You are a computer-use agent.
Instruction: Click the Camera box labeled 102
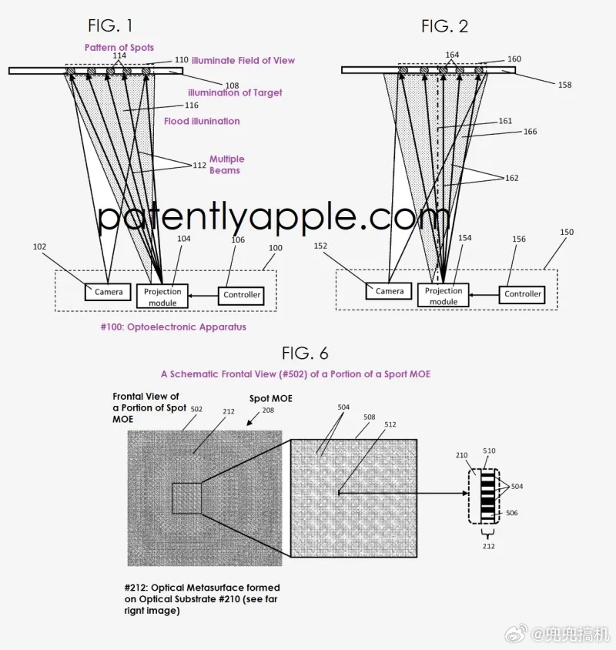pos(109,293)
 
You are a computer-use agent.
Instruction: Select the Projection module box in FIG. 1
pos(162,297)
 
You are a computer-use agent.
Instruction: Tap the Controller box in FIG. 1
pos(242,294)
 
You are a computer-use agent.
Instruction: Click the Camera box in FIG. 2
pos(390,291)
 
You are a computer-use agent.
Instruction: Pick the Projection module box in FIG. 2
pos(444,296)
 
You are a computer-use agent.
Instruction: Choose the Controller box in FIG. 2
pos(523,293)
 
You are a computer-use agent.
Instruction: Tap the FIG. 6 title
pos(305,353)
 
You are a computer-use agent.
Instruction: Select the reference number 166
pos(530,132)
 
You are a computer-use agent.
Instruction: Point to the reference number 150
pos(566,232)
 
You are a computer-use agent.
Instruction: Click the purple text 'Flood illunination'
pos(202,121)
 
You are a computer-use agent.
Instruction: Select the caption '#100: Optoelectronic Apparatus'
pos(173,327)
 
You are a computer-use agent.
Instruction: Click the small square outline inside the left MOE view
pos(186,498)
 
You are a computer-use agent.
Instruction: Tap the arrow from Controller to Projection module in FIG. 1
pos(203,295)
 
